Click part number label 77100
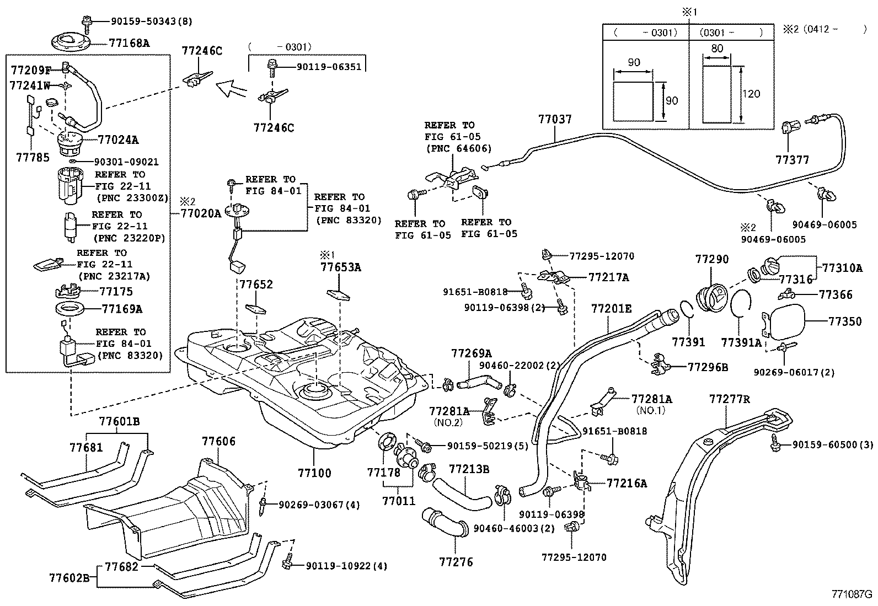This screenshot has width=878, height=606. [x=314, y=473]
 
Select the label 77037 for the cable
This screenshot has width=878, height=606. [x=555, y=119]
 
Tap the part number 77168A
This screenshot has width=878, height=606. [x=129, y=42]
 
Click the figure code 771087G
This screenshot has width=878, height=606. [x=852, y=594]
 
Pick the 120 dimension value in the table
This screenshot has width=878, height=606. [x=751, y=93]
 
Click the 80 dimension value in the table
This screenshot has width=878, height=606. [x=717, y=49]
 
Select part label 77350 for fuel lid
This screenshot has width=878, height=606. [x=844, y=321]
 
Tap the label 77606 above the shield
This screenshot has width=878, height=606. [x=218, y=441]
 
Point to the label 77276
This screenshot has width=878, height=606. [x=456, y=562]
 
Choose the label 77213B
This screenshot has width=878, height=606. [x=469, y=469]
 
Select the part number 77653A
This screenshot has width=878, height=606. [x=341, y=267]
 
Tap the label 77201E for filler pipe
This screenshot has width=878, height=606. [x=612, y=308]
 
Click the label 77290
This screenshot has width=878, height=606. [x=711, y=259]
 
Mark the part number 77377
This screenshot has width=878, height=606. [x=792, y=160]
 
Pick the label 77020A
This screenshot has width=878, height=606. [x=201, y=213]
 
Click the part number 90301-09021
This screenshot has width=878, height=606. [x=126, y=162]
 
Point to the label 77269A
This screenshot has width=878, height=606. [x=472, y=353]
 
